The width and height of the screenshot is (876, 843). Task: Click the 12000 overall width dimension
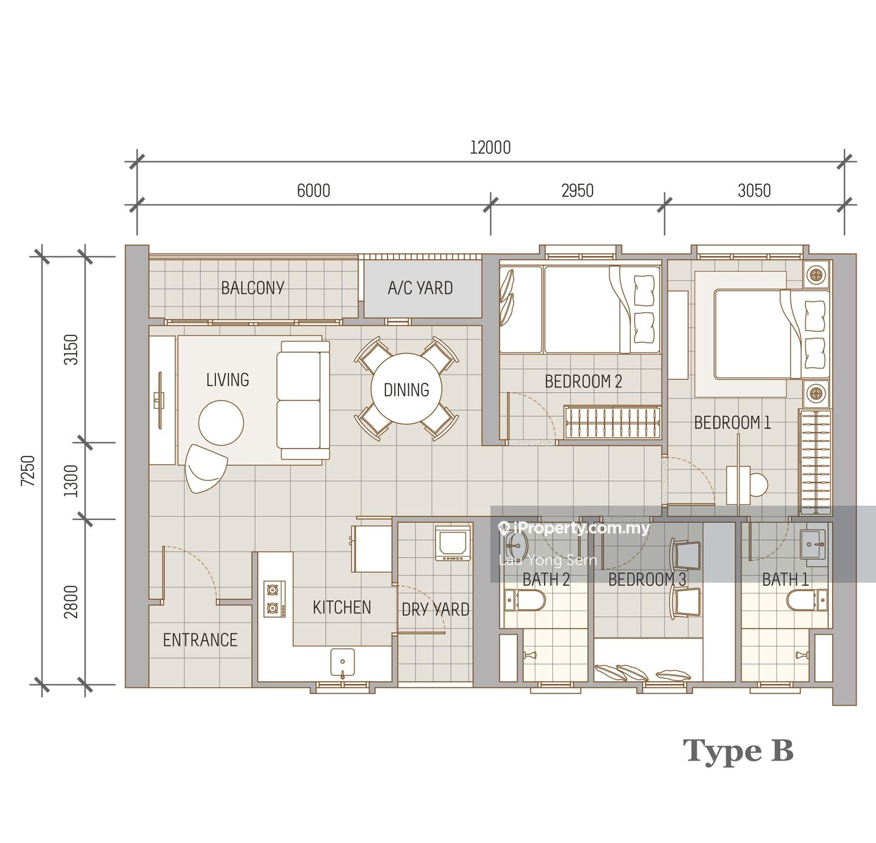click(x=490, y=148)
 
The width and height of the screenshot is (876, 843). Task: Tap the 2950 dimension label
click(x=577, y=191)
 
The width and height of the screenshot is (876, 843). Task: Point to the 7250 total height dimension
click(x=28, y=470)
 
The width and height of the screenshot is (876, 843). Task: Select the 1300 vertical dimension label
click(x=71, y=481)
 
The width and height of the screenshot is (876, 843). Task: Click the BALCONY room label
click(x=252, y=288)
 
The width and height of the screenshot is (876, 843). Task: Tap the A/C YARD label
click(x=420, y=288)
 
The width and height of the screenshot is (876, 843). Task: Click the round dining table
click(x=406, y=388)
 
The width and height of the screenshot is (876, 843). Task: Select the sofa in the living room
click(x=303, y=400)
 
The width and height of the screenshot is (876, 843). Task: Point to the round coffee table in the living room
click(x=221, y=423)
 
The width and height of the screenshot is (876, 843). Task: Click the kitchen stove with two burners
click(x=274, y=599)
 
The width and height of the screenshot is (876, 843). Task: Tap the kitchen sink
click(x=342, y=663)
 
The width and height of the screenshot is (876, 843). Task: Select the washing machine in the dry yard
click(x=453, y=544)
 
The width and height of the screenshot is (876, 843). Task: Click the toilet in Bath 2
click(x=524, y=601)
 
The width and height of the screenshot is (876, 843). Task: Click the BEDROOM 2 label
click(x=583, y=382)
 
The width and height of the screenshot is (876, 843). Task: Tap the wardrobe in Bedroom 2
click(x=612, y=422)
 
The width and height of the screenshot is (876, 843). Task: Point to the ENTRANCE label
click(x=200, y=640)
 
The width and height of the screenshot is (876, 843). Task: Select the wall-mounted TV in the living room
click(x=159, y=400)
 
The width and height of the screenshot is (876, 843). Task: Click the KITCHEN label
click(x=342, y=607)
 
